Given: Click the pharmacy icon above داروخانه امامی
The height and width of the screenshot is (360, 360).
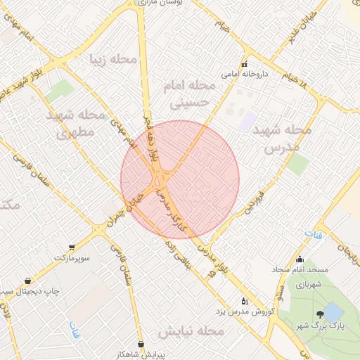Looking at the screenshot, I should (x=244, y=65).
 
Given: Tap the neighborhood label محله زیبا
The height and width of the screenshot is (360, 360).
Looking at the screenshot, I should (x=112, y=59).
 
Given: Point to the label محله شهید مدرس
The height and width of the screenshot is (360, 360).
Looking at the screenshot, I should (x=288, y=139).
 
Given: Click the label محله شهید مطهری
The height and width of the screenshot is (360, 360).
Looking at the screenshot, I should (x=75, y=122).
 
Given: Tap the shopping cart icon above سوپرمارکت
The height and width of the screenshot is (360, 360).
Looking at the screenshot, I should (x=72, y=247).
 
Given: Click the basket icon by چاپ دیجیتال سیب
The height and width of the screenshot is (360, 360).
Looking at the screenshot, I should (x=27, y=281).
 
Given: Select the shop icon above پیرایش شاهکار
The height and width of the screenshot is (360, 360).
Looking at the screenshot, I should (x=143, y=344).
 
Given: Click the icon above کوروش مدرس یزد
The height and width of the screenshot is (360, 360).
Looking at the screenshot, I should (x=244, y=300).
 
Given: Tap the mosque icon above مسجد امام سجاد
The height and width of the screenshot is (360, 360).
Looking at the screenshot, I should (x=300, y=259).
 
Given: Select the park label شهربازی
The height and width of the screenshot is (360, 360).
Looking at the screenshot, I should (x=307, y=285).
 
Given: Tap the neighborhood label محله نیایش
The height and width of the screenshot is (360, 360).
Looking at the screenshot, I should (x=191, y=330).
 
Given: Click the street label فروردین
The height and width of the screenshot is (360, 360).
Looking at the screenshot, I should (x=254, y=200).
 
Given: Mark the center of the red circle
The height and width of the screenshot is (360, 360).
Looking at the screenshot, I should (x=180, y=180).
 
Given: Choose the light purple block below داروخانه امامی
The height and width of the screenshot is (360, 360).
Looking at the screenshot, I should (x=247, y=120).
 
